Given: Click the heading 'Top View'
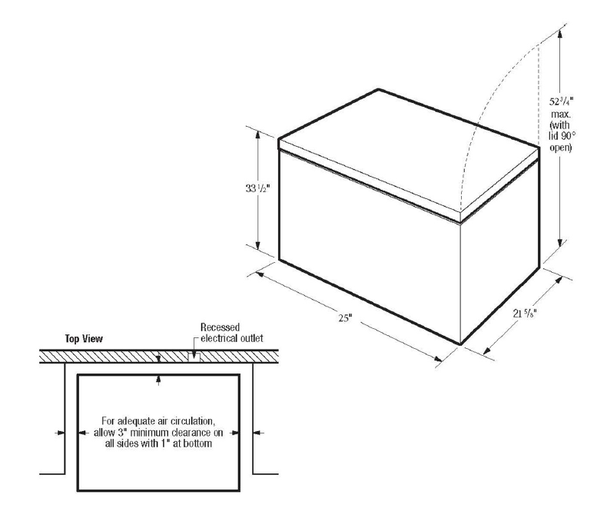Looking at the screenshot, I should (x=85, y=338).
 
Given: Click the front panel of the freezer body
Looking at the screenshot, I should (x=369, y=254).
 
